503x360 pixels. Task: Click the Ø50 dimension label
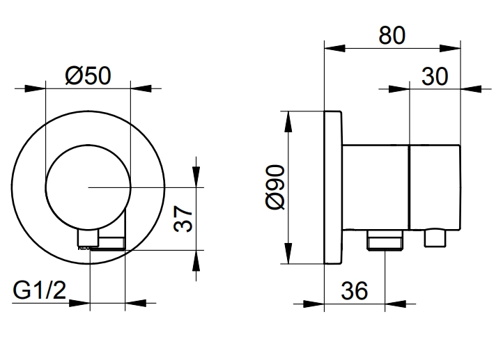[x=88, y=76]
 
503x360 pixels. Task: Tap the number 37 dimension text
[x=183, y=219]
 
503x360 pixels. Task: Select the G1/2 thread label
[x=39, y=290]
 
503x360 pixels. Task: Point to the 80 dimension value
[x=392, y=36]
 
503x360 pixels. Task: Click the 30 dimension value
[x=434, y=77]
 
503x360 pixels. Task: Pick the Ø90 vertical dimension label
[x=275, y=187]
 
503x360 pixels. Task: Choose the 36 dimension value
[x=354, y=291]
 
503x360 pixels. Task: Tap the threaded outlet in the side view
[x=385, y=240]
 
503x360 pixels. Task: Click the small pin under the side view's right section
[x=435, y=238]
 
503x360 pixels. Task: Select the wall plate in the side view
[x=333, y=187]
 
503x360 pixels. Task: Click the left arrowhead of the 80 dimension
[x=334, y=49]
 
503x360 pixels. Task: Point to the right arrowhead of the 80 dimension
[x=450, y=49]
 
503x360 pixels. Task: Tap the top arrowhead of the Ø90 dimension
[x=288, y=121]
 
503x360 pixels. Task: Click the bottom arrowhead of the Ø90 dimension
[x=288, y=253]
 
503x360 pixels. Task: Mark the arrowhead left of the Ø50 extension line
[x=35, y=88]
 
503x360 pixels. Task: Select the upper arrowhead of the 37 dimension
[x=196, y=177]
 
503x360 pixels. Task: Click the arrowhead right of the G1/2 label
[x=79, y=303]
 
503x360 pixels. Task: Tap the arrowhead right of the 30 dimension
[x=471, y=89]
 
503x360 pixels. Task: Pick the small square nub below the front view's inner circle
[x=88, y=239]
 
